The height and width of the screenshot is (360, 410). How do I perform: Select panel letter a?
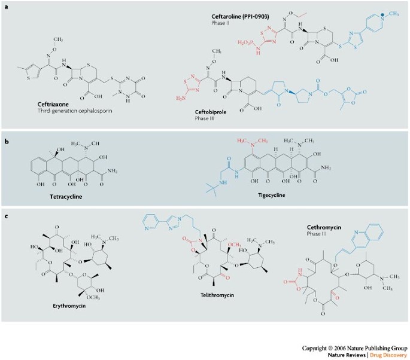click(x=5, y=5)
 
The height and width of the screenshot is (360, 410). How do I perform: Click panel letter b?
click(x=5, y=143)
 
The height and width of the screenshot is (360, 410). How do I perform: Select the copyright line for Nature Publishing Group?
click(x=355, y=347)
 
